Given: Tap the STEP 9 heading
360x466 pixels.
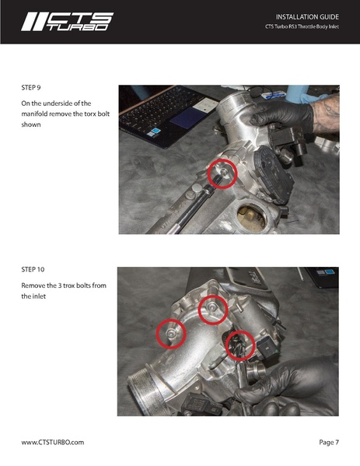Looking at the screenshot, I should click(30, 87).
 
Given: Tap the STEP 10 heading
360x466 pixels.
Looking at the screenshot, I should click(33, 269).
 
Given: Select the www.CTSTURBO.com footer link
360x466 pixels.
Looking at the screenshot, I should click(52, 442).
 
